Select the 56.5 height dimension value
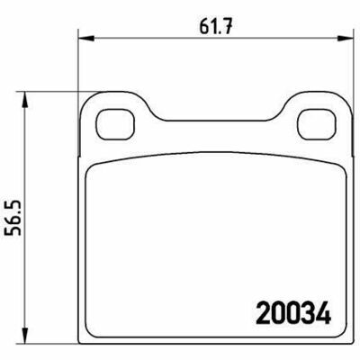(13, 217)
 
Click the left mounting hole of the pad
(116, 124)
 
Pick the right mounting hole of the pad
(316, 124)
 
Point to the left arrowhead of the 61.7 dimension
(86, 38)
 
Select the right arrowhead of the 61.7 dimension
(344, 38)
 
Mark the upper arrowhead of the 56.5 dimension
(25, 100)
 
